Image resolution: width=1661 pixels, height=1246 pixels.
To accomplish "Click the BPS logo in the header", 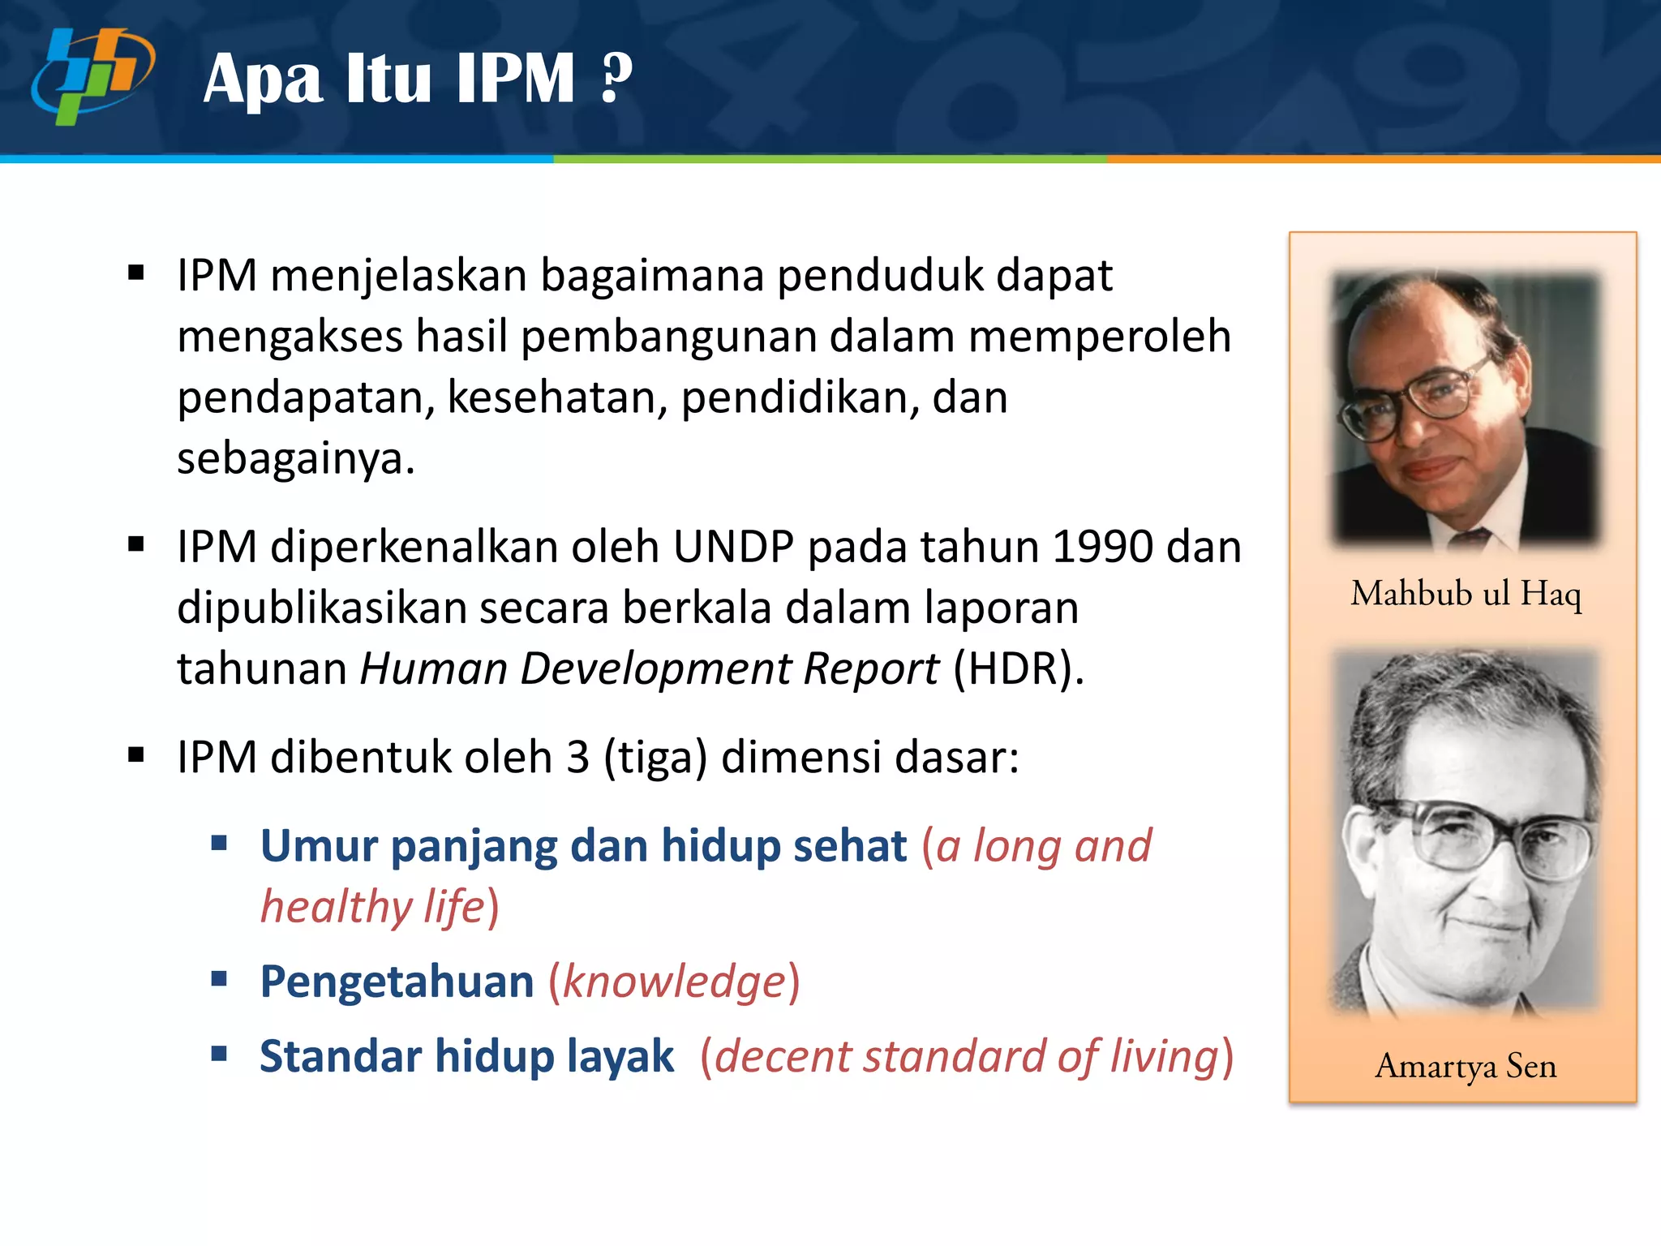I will pos(92,76).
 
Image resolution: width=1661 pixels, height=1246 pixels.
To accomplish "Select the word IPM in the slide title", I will pos(515,79).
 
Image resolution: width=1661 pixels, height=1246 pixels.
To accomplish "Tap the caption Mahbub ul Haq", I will pos(1466,594).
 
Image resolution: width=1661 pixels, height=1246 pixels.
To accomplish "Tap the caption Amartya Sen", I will pos(1466,1066).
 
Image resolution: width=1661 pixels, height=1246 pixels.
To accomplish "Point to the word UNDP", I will pos(732,547).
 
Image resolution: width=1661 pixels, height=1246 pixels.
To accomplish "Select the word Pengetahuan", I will pos(397,982).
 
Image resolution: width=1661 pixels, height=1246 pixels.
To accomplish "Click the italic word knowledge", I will pos(674,982).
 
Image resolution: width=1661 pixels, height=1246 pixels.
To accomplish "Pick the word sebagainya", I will pos(295,459).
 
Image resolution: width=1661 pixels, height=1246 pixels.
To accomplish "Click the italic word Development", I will pos(655,669).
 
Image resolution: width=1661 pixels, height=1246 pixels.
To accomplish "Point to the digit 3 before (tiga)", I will pos(577,758).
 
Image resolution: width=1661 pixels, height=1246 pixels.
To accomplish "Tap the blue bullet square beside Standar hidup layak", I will pos(219,1054).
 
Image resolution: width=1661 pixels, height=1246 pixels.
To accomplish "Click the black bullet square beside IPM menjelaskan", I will pos(136,273).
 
